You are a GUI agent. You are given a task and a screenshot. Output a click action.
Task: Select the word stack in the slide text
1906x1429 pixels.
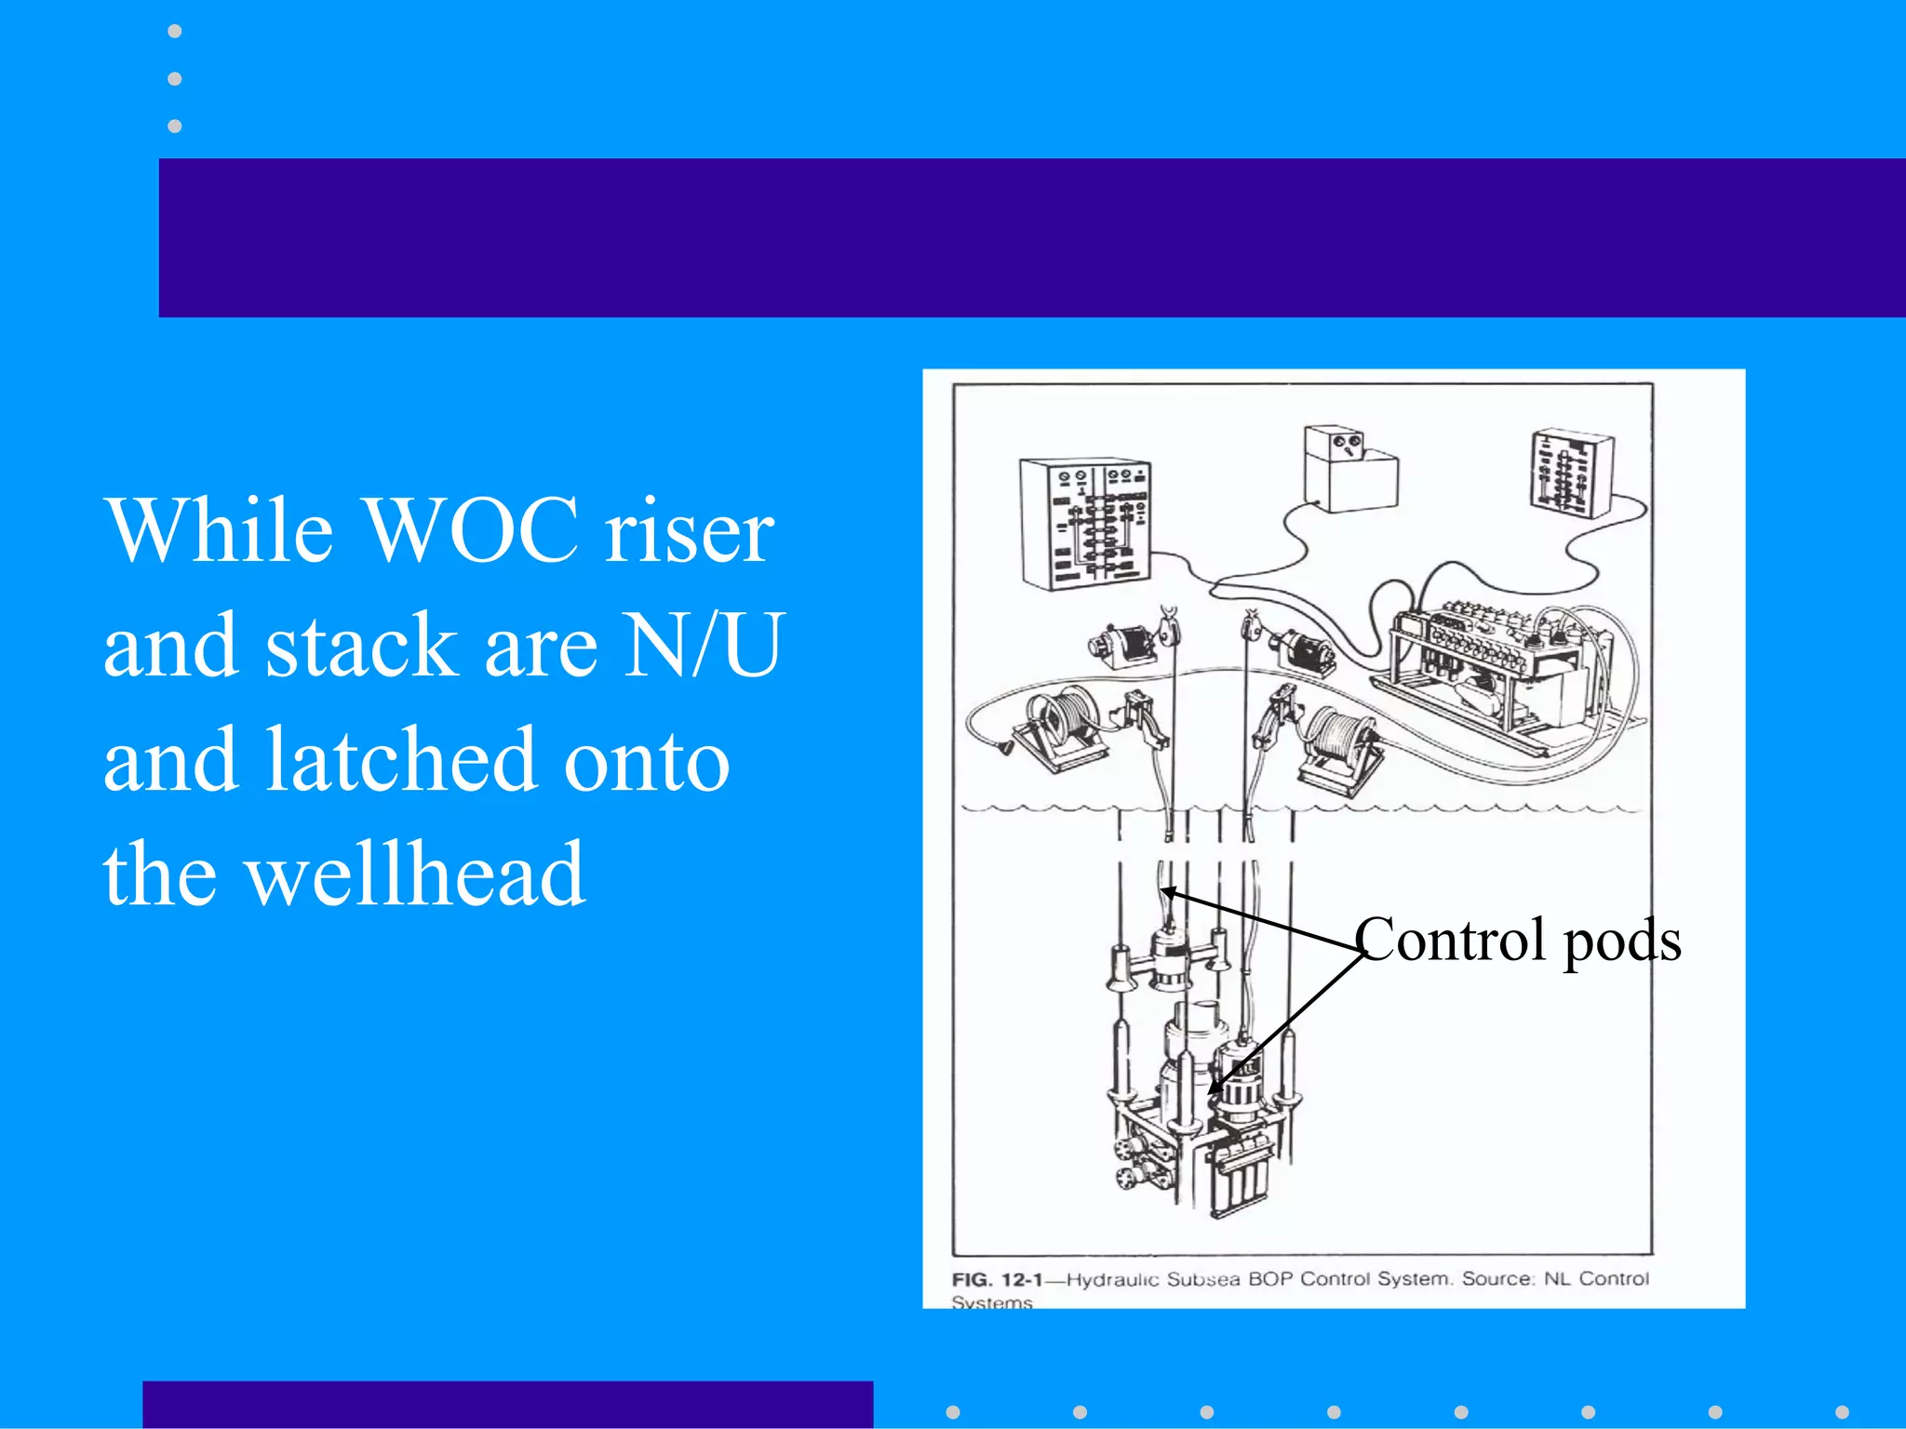[x=362, y=646]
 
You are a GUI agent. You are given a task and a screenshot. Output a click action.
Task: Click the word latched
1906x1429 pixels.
[x=401, y=760]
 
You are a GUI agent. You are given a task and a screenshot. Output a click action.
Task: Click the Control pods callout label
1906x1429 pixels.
[x=1517, y=941]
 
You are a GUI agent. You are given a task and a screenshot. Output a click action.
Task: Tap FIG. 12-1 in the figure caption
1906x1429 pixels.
[x=997, y=1279]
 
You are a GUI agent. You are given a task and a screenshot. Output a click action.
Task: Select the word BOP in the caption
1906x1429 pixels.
[x=1270, y=1279]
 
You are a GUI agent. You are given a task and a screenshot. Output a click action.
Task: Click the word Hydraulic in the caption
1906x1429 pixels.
[x=1113, y=1279]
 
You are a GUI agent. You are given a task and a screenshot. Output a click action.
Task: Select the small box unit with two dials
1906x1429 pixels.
[x=1349, y=468]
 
